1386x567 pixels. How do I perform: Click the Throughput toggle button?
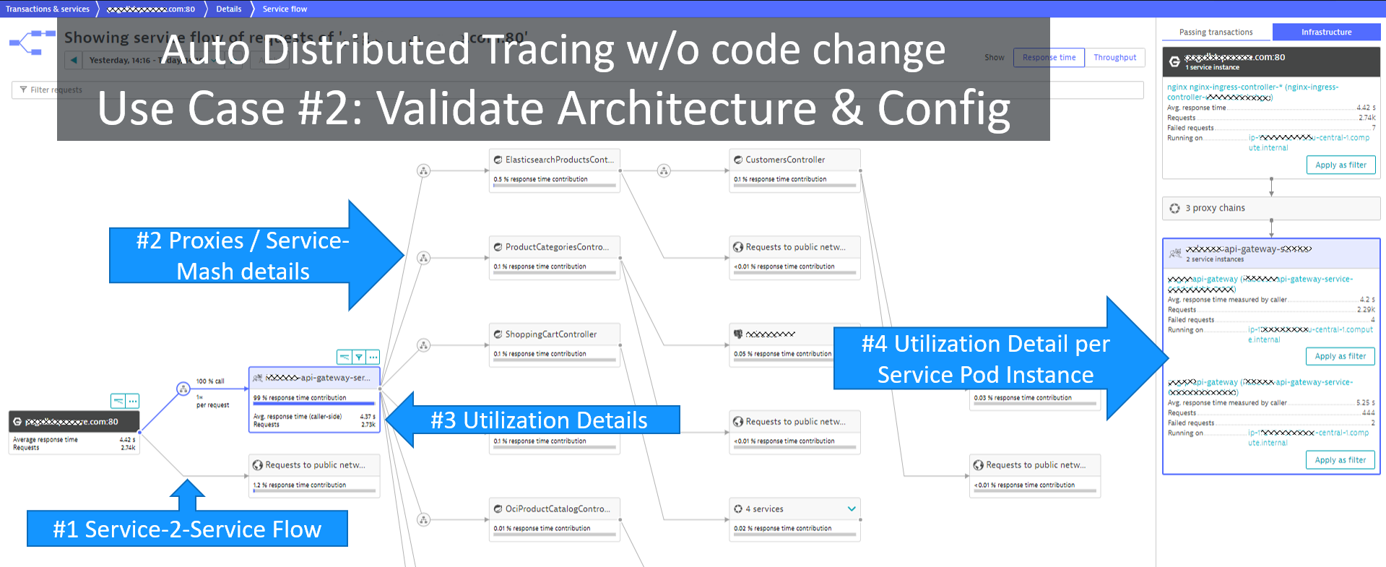coord(1114,58)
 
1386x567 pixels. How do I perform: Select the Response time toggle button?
coord(1049,58)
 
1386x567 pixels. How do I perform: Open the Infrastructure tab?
coord(1326,32)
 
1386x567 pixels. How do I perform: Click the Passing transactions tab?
coord(1216,32)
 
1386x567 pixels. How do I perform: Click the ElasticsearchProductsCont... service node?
coord(554,160)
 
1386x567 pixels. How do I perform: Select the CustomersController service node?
coord(794,160)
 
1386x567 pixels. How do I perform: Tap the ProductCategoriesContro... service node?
coord(554,248)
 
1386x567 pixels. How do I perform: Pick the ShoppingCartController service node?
coord(554,335)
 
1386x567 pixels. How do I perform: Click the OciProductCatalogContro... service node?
coord(554,509)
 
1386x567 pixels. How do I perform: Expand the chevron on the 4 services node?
coord(852,509)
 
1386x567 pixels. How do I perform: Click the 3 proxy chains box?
coord(1270,208)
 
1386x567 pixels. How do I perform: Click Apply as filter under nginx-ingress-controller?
coord(1340,165)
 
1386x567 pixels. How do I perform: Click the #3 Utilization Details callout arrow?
coord(534,420)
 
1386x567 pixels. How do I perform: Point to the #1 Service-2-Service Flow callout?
coord(187,529)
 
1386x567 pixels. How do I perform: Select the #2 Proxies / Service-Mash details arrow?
coord(246,256)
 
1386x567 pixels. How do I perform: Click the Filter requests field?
coord(51,90)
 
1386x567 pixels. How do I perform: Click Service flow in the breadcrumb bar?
coord(285,9)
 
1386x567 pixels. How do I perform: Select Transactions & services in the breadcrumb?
coord(48,9)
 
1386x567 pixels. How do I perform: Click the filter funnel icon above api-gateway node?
coord(359,357)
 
